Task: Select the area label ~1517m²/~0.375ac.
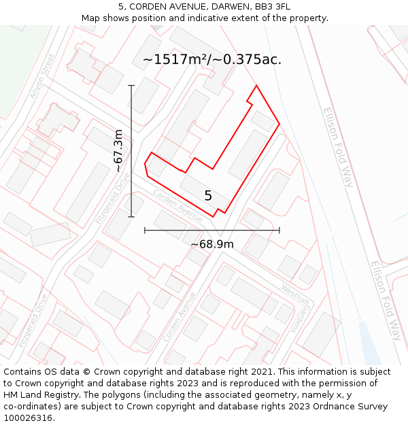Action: click(212, 60)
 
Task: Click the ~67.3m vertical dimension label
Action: click(118, 151)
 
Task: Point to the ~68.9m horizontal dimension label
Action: click(211, 244)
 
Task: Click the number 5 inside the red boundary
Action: click(208, 196)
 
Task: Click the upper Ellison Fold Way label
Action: click(339, 147)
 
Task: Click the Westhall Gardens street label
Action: click(294, 307)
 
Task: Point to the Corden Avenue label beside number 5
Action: click(177, 205)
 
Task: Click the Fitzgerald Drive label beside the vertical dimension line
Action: click(113, 198)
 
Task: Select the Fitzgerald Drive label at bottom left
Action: click(34, 320)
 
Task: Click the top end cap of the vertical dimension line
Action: click(131, 85)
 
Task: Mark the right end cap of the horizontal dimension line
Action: click(279, 231)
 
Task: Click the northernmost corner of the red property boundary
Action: click(256, 86)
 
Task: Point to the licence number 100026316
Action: click(29, 418)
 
